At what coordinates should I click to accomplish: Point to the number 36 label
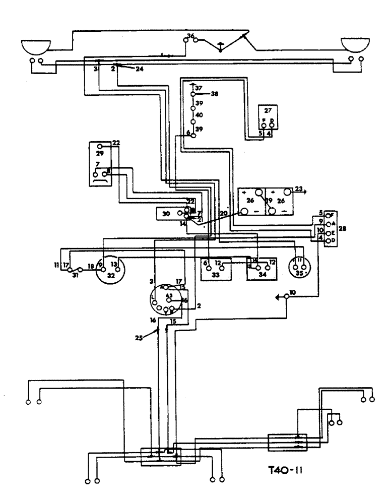point(190,36)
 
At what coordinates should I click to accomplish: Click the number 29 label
point(99,153)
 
